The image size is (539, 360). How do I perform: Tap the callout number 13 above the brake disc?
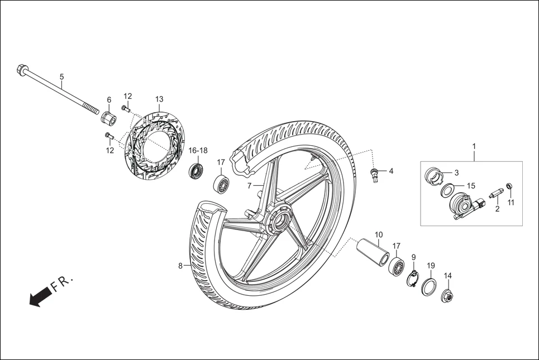click(x=159, y=99)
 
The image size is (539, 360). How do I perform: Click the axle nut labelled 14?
click(x=447, y=296)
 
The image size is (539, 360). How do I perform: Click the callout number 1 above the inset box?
click(x=474, y=147)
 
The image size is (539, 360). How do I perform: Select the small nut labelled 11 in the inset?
click(x=509, y=186)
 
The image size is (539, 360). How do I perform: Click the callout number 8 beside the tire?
click(x=180, y=266)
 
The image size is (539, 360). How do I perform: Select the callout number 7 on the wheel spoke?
click(x=250, y=185)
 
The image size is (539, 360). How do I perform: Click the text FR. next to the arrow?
click(x=62, y=285)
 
